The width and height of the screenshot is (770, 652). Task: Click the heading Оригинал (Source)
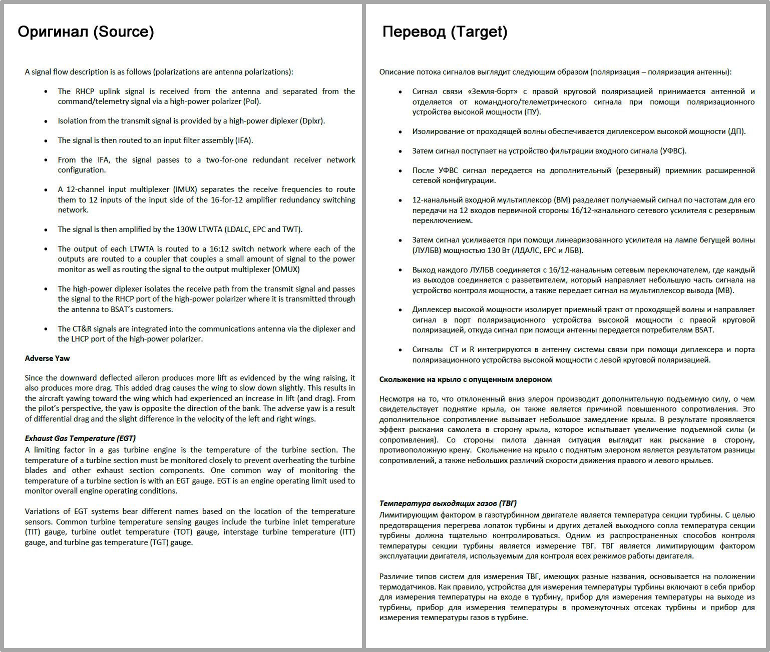coord(86,31)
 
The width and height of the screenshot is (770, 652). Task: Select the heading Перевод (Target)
coord(445,31)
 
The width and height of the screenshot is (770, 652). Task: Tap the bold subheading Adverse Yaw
coord(48,358)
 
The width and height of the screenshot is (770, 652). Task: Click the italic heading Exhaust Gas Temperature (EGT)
coord(80,438)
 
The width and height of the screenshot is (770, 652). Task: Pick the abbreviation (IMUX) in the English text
coord(185,189)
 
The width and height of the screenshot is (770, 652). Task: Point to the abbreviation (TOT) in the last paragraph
coord(183,532)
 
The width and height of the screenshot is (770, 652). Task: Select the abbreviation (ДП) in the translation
coord(736,131)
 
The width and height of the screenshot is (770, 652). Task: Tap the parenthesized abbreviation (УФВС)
coord(672,151)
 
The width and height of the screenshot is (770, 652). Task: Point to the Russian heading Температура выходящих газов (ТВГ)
coord(448,503)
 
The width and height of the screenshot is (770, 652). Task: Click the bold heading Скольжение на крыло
coord(465,379)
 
